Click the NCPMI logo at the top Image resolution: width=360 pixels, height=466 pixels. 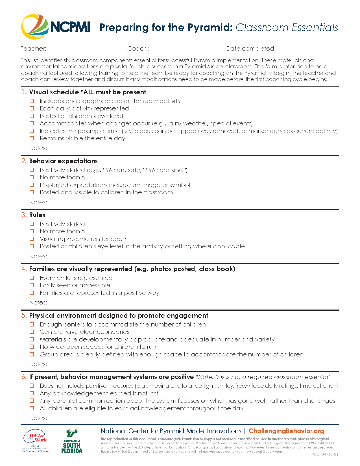click(55, 27)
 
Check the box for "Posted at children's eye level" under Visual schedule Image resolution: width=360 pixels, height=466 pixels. click(32, 116)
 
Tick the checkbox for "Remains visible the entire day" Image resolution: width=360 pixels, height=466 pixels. click(32, 138)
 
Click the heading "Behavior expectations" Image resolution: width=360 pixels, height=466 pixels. click(63, 161)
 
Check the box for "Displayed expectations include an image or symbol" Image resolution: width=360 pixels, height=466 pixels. click(32, 185)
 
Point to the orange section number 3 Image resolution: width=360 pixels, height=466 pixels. click(24, 215)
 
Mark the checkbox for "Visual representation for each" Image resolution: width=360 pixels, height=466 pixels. click(32, 239)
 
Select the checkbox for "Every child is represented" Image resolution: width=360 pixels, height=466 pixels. click(32, 278)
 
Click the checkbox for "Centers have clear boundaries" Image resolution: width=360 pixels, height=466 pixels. click(32, 332)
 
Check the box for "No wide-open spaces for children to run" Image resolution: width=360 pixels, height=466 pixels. click(32, 347)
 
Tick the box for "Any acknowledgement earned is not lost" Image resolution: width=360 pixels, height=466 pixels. click(32, 393)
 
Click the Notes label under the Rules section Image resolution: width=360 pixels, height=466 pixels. click(38, 256)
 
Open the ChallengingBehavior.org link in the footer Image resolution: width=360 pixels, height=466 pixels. click(286, 431)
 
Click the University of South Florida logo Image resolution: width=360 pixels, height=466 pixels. click(72, 441)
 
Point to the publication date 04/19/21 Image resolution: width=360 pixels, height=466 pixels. click(325, 454)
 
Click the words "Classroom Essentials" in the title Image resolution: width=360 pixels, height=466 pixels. click(287, 27)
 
